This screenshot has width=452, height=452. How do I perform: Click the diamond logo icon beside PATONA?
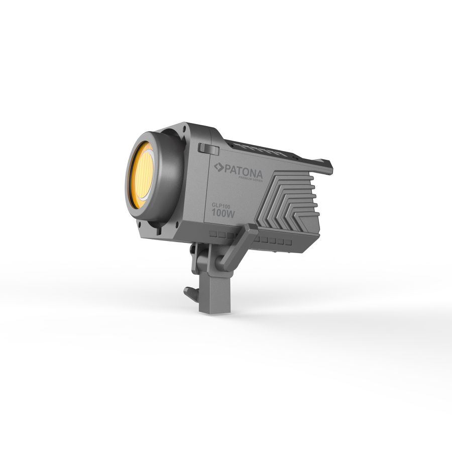218,167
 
